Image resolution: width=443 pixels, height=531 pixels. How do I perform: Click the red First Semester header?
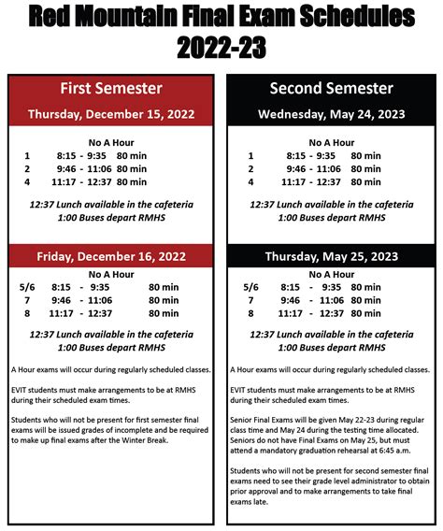tap(111, 89)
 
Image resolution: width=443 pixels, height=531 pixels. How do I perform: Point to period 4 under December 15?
tap(28, 182)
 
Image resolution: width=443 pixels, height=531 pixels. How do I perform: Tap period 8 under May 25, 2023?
tap(250, 315)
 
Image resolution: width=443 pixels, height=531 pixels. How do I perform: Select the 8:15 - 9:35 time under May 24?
tap(311, 156)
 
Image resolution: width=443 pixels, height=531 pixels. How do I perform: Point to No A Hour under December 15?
tap(111, 143)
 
